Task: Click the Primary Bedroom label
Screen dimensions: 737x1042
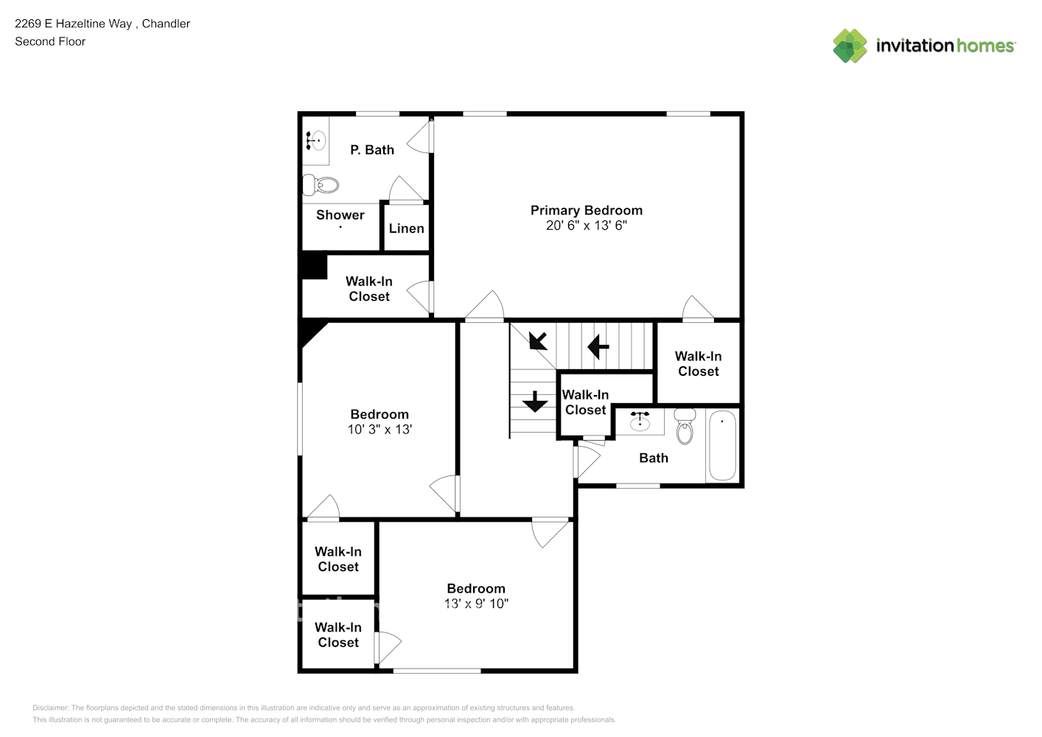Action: [586, 210]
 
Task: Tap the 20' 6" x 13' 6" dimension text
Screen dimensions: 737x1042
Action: [586, 226]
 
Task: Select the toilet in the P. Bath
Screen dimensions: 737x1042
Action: [321, 185]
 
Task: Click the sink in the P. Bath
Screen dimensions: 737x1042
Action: [316, 139]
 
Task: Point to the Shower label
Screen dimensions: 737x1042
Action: [340, 215]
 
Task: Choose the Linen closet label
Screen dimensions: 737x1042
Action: [406, 228]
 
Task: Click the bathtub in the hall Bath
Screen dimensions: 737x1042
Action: [722, 445]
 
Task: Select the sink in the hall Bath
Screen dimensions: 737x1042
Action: [640, 421]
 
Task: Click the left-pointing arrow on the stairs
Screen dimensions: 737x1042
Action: [598, 346]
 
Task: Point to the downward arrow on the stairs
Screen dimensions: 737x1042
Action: [534, 401]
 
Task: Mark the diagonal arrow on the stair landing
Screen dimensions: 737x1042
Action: [538, 340]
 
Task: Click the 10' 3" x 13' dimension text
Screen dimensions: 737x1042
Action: [380, 430]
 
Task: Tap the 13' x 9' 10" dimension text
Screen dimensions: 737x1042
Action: [476, 604]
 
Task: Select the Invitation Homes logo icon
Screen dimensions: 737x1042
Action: [850, 46]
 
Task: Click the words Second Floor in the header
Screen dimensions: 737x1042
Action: [50, 41]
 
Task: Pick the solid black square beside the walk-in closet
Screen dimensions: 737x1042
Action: [314, 266]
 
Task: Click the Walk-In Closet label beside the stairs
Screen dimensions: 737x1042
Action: [585, 402]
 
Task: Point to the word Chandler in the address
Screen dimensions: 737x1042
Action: [166, 24]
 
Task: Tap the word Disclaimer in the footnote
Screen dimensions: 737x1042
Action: [50, 708]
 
